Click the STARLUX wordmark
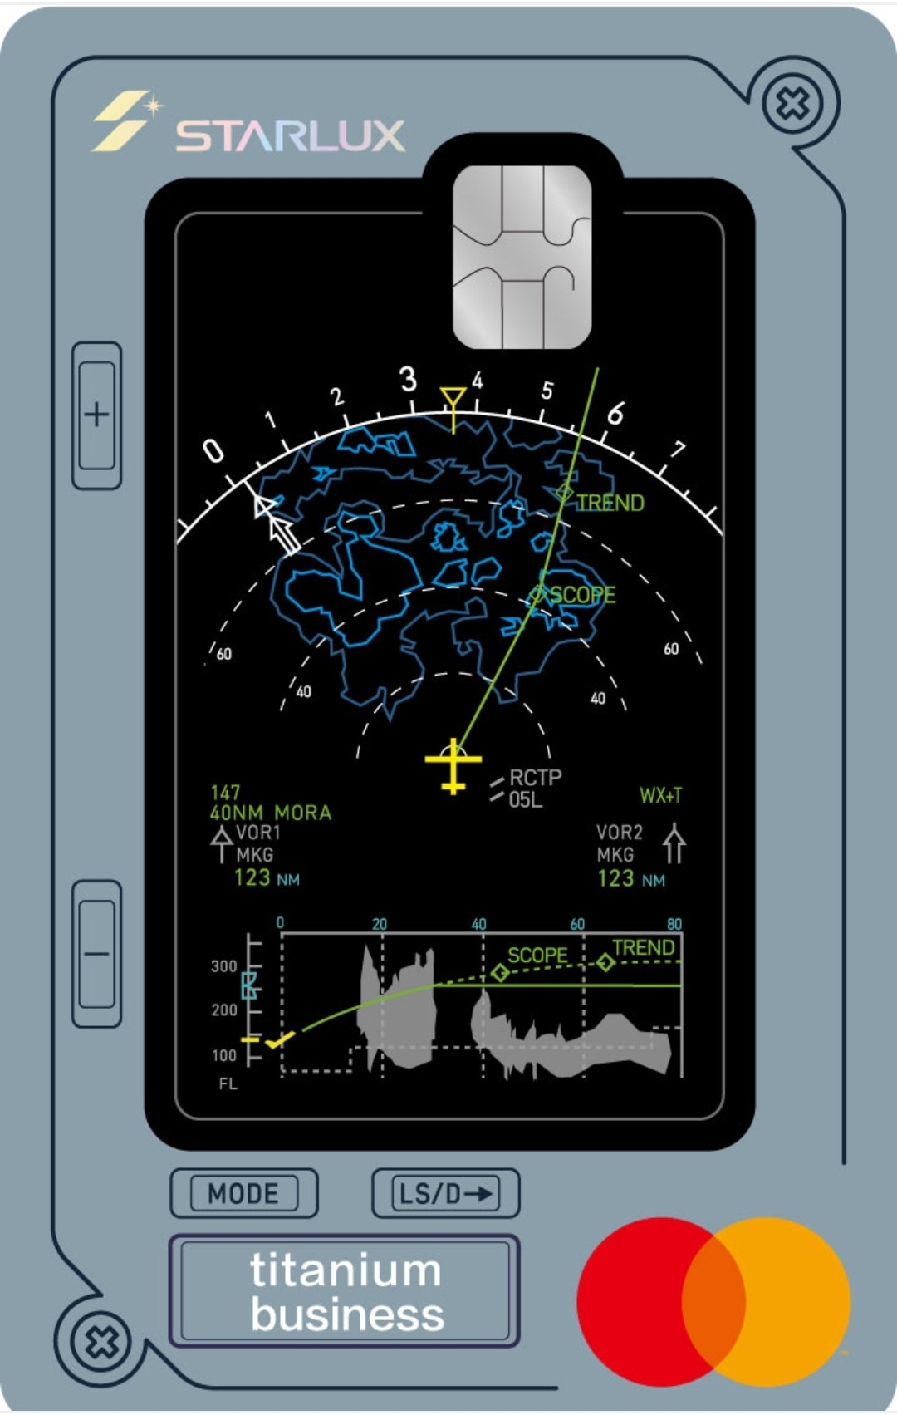click(x=291, y=135)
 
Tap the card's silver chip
click(x=522, y=257)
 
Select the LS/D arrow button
click(x=446, y=1193)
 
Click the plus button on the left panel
click(x=96, y=415)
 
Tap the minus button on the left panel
click(x=96, y=954)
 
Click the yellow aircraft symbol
click(x=453, y=765)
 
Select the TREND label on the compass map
click(x=610, y=503)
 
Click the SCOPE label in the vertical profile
click(x=538, y=956)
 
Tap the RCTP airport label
click(x=536, y=777)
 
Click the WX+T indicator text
click(x=661, y=795)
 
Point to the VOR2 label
click(x=620, y=833)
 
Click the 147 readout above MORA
click(x=225, y=793)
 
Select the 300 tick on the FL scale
click(x=224, y=966)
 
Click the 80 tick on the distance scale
click(x=674, y=924)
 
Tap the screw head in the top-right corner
click(x=793, y=103)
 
